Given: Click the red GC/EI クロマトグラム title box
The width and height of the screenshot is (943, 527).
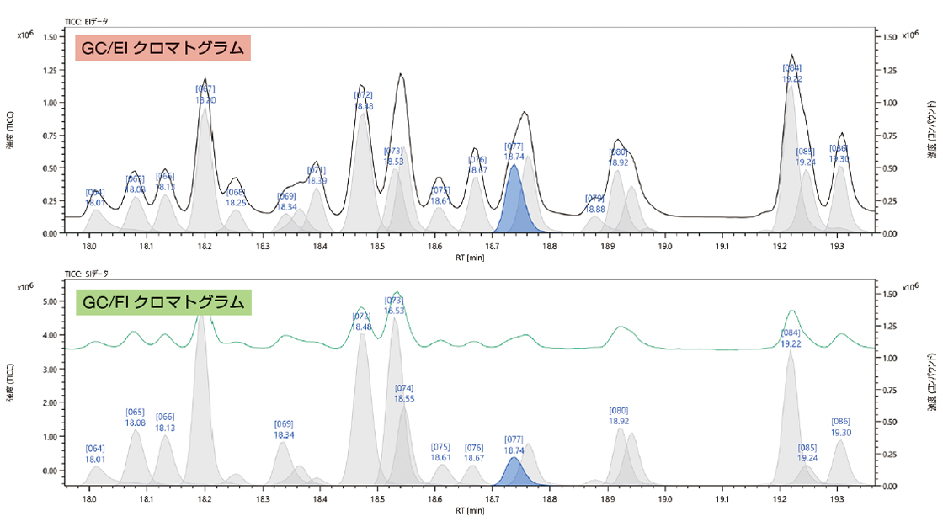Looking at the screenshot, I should [164, 49].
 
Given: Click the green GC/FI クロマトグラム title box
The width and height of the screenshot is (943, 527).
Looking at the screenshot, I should [164, 302].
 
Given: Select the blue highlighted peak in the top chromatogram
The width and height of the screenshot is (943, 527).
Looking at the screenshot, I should [514, 206].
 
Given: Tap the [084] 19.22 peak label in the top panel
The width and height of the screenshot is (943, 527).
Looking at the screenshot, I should [791, 73].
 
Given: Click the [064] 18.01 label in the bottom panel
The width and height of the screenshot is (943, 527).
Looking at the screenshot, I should [95, 453].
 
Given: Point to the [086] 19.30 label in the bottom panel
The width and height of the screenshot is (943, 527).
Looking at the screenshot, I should [840, 427].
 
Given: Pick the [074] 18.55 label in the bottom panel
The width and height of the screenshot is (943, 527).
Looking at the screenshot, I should [404, 393].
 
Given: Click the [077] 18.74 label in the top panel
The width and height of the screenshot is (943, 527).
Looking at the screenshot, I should [514, 151].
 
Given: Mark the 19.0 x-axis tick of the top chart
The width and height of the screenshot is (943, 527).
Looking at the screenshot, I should [665, 247].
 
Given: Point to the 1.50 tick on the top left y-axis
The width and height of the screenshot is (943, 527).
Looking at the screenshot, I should [48, 38].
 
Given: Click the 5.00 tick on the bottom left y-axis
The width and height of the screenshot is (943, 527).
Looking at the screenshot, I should [48, 301].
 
